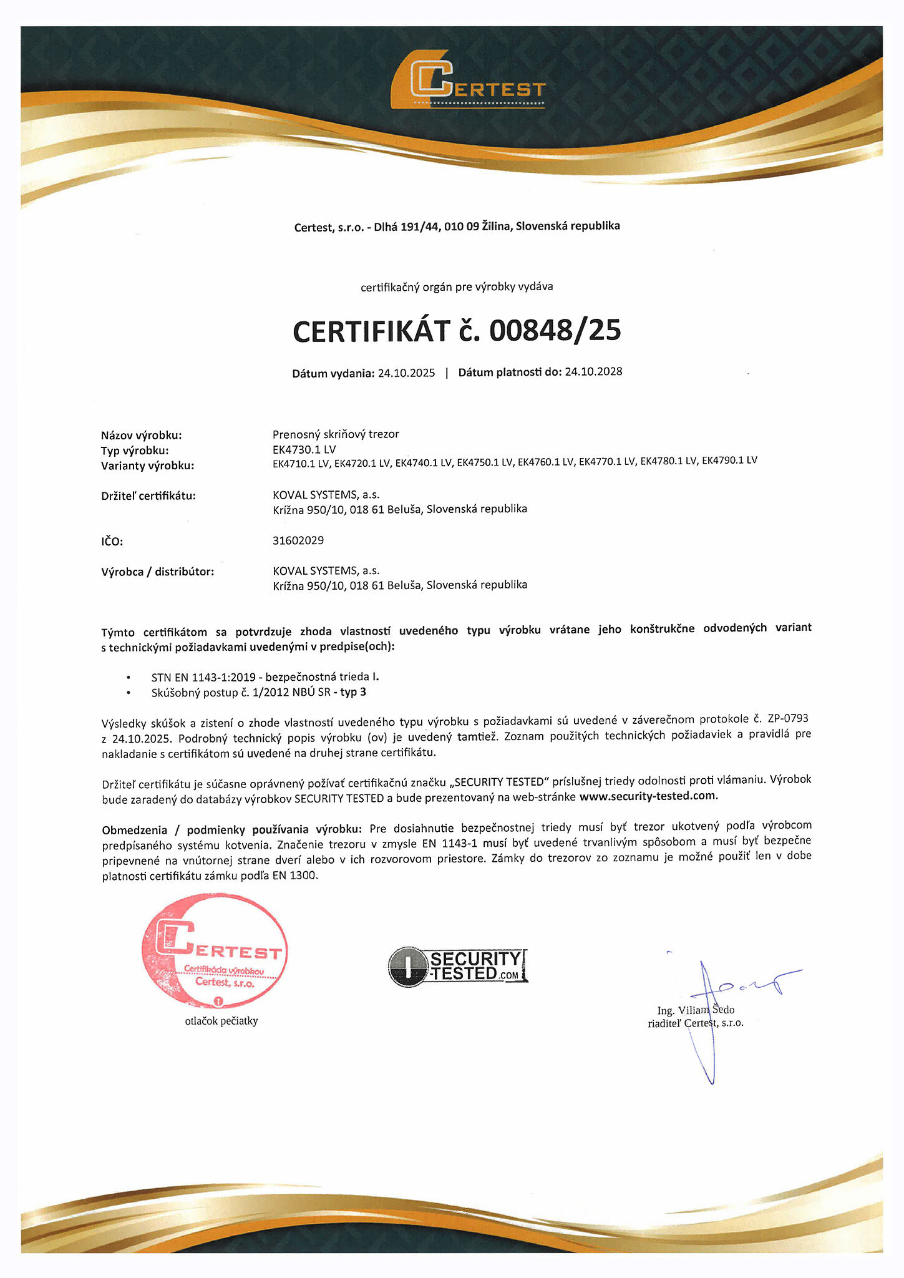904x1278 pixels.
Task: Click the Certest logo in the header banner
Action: [x=469, y=81]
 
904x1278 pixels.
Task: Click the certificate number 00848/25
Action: [x=555, y=330]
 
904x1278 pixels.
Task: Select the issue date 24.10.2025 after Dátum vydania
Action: [x=406, y=373]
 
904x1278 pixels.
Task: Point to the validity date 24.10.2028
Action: [x=593, y=372]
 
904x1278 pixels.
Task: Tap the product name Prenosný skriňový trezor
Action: [x=336, y=434]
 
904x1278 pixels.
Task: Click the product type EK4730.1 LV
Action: [x=304, y=449]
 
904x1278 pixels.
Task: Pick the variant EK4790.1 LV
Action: [x=729, y=461]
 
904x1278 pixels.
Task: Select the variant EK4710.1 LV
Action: [x=301, y=464]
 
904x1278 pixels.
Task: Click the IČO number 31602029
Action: [x=298, y=540]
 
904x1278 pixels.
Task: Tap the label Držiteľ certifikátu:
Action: [x=148, y=496]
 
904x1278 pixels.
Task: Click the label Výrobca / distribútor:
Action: [x=157, y=572]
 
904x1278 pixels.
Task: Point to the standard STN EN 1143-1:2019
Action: [x=206, y=677]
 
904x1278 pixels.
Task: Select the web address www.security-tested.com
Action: [x=648, y=796]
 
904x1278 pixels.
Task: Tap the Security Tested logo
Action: [x=457, y=966]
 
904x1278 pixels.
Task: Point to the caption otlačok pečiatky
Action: [x=221, y=1022]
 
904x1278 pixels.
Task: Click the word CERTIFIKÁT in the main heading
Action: [x=371, y=331]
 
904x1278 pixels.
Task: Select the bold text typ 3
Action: [x=353, y=692]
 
